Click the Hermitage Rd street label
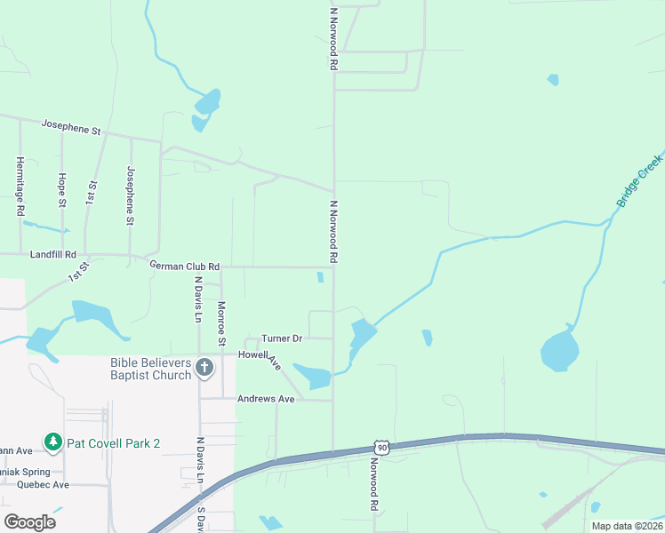click(20, 187)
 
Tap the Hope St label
click(62, 190)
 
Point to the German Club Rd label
click(184, 266)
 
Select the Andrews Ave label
click(265, 399)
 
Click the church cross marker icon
click(204, 368)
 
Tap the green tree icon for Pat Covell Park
click(53, 442)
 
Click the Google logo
click(29, 521)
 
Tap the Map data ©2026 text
click(626, 526)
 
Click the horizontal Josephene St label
click(72, 129)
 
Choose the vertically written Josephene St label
click(131, 195)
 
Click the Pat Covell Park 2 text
click(114, 442)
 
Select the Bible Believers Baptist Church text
click(150, 369)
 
